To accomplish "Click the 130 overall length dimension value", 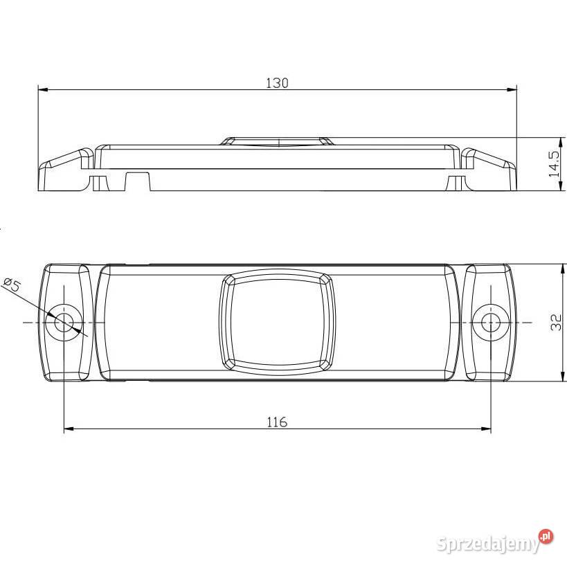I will (x=276, y=83).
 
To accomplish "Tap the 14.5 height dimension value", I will (x=553, y=164).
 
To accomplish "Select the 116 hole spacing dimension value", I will (x=276, y=422).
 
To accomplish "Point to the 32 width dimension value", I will (x=555, y=323).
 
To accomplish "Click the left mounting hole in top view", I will (x=64, y=322).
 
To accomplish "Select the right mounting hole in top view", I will (x=491, y=322).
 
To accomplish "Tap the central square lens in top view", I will (x=277, y=321).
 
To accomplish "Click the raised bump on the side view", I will (x=277, y=141).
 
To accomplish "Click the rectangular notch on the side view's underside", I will (x=138, y=181).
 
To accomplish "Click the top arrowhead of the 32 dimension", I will (x=560, y=268).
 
